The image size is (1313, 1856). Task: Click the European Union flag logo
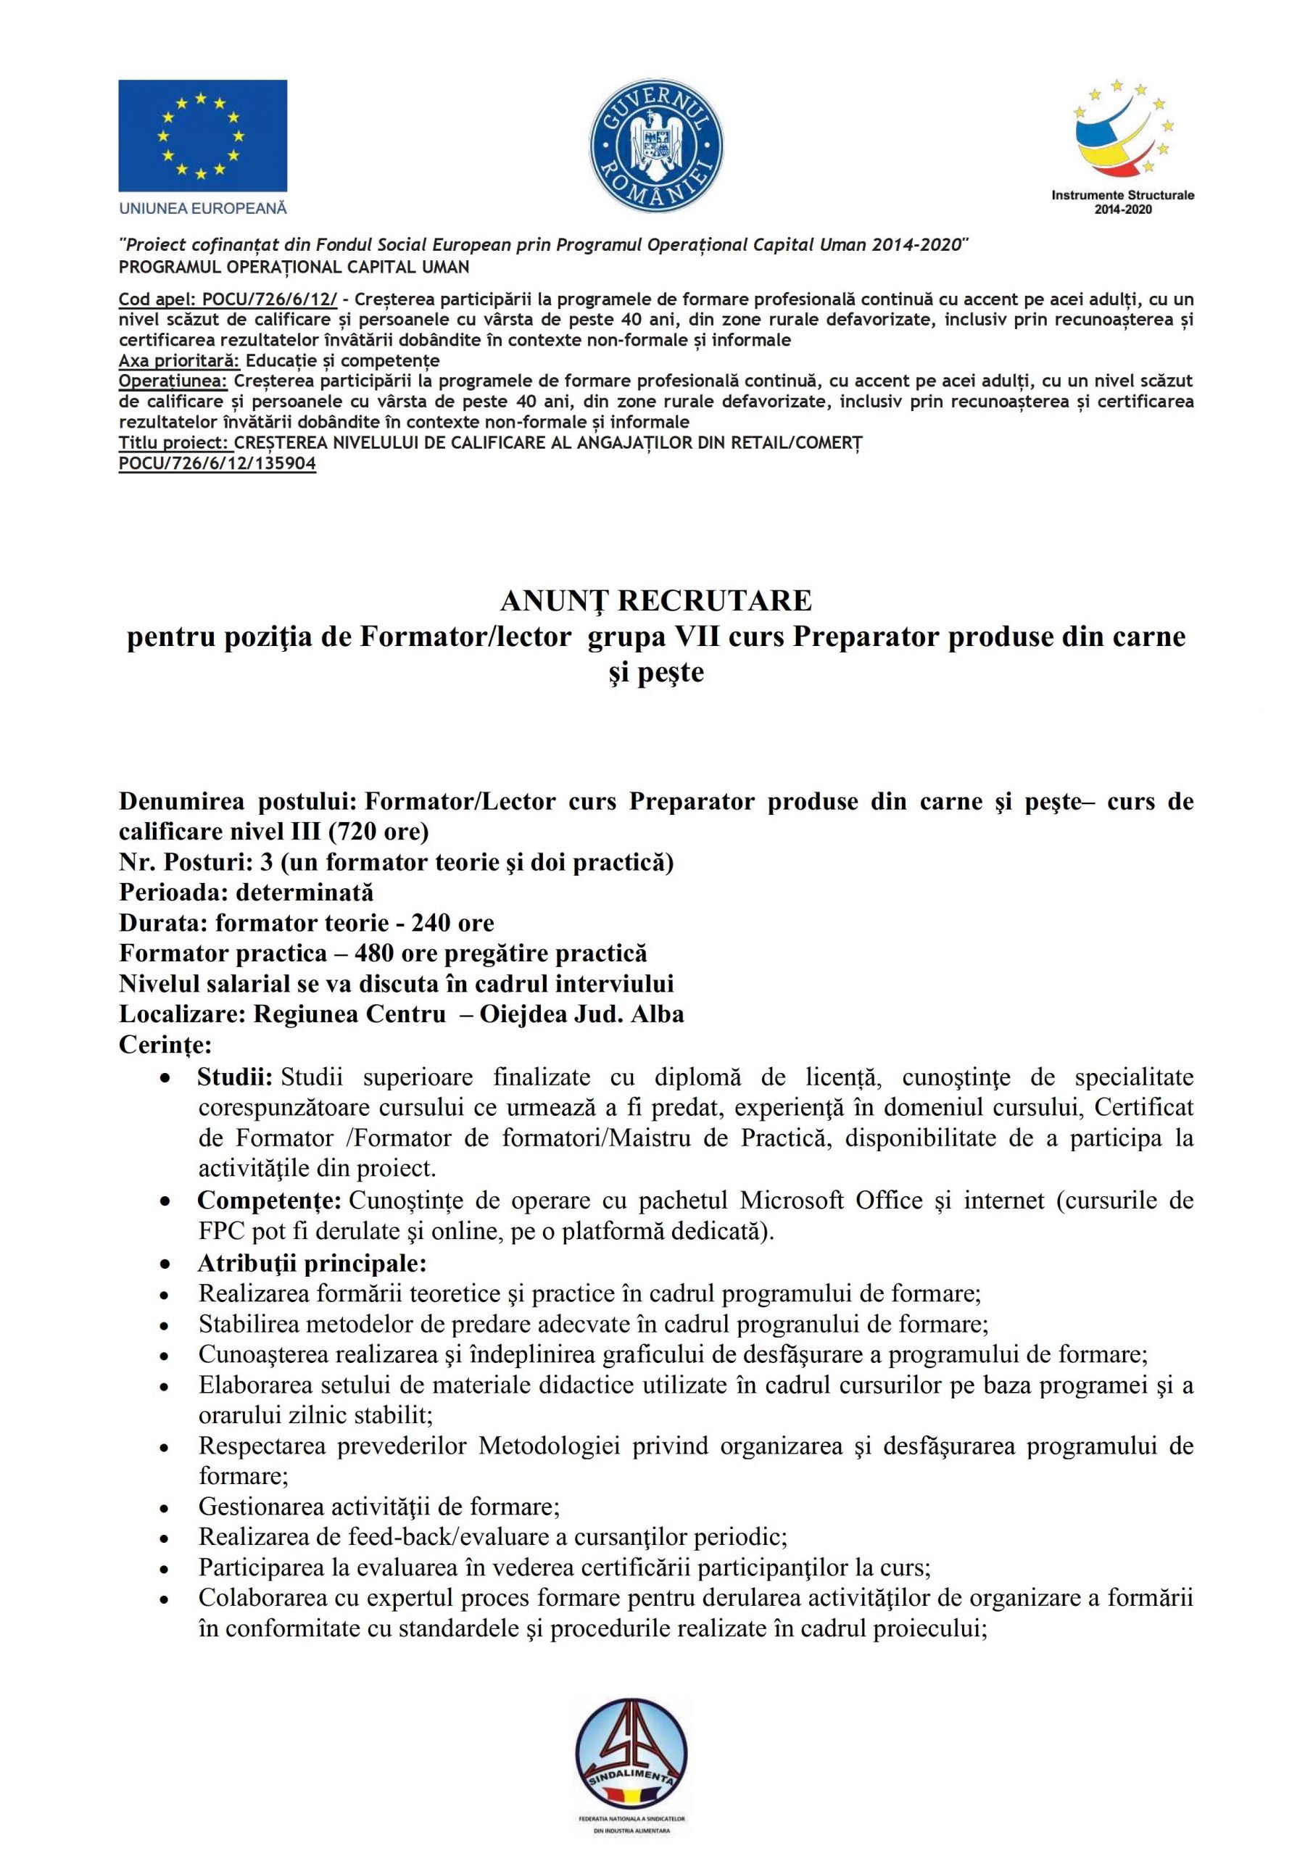point(202,135)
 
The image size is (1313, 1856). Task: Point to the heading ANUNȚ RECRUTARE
point(655,600)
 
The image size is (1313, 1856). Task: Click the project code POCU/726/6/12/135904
point(217,463)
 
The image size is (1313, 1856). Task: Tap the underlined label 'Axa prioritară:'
point(180,360)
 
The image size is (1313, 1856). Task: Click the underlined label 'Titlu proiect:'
point(175,443)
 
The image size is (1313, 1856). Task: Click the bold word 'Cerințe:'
point(165,1045)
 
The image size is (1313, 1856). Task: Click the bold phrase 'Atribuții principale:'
point(312,1263)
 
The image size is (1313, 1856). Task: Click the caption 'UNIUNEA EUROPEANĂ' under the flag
point(203,209)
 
